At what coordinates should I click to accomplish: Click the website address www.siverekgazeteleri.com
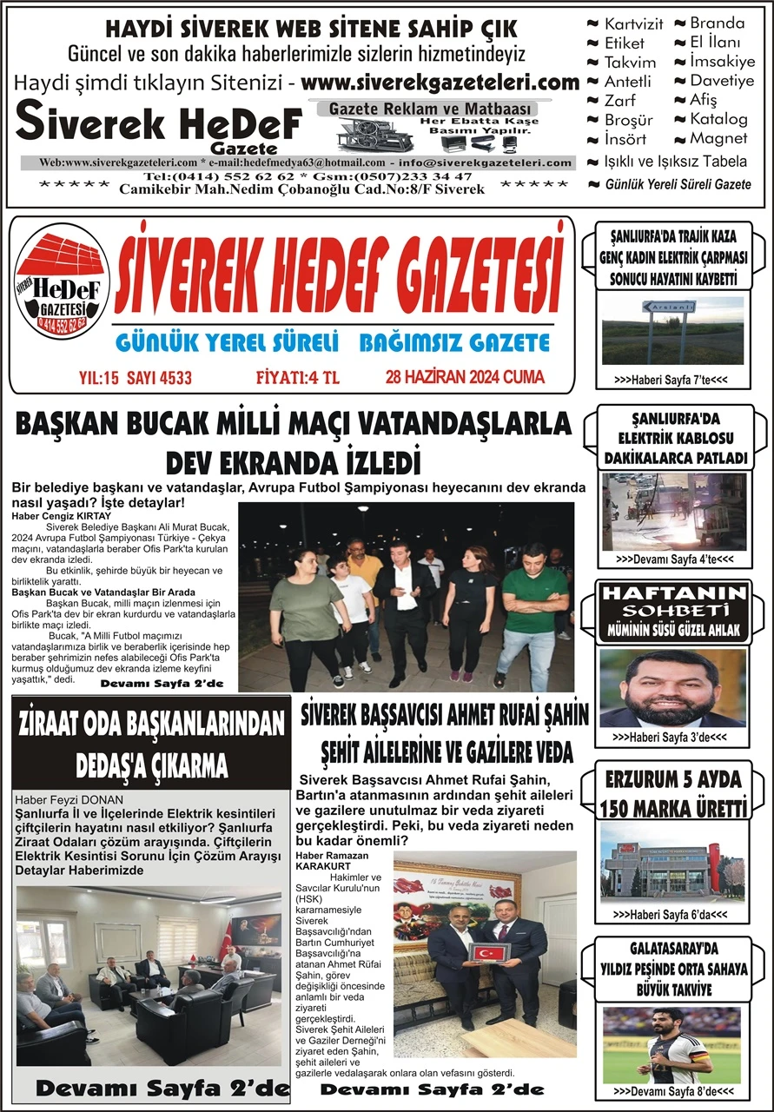click(x=442, y=83)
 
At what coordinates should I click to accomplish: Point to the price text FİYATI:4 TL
click(x=297, y=378)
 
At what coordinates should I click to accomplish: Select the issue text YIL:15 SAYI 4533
click(x=135, y=378)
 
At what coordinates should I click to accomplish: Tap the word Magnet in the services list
click(x=718, y=138)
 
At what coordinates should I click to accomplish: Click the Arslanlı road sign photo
click(x=672, y=330)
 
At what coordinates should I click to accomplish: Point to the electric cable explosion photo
click(x=672, y=511)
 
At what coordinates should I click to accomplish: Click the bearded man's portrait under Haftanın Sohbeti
click(x=671, y=688)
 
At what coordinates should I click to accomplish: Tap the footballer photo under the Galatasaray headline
click(x=672, y=1044)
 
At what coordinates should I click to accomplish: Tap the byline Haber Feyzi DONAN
click(x=69, y=799)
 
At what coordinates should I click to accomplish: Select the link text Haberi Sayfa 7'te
click(x=669, y=381)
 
